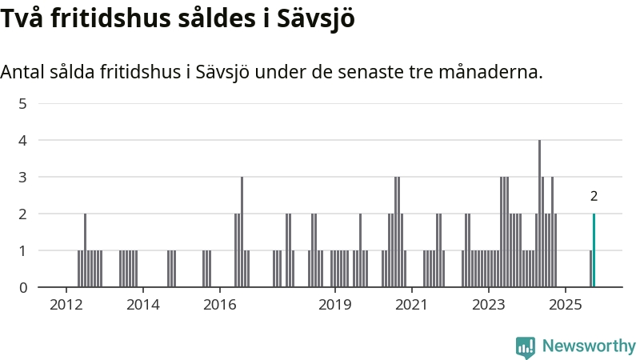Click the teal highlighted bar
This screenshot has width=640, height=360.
pyautogui.click(x=594, y=250)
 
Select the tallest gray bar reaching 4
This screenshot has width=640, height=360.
pyautogui.click(x=539, y=214)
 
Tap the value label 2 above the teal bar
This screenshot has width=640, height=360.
pyautogui.click(x=594, y=196)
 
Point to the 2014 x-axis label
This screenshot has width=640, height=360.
pyautogui.click(x=142, y=305)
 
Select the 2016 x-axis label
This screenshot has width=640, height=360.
pyautogui.click(x=219, y=305)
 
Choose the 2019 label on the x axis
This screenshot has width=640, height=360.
pyautogui.click(x=334, y=305)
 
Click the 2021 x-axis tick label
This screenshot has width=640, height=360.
pyautogui.click(x=411, y=305)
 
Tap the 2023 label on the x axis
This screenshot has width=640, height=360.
pyautogui.click(x=488, y=305)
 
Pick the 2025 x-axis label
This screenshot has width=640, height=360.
pyautogui.click(x=565, y=305)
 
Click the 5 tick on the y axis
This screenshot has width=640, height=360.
pyautogui.click(x=23, y=103)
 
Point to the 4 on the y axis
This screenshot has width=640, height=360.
pyautogui.click(x=23, y=140)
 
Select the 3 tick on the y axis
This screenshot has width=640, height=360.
pyautogui.click(x=23, y=177)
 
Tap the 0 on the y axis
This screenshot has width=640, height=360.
pyautogui.click(x=23, y=287)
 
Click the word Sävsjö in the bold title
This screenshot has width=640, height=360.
pyautogui.click(x=313, y=19)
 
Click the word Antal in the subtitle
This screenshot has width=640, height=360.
pyautogui.click(x=22, y=72)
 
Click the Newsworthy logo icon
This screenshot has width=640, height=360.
pyautogui.click(x=526, y=346)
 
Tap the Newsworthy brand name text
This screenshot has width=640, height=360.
pyautogui.click(x=589, y=346)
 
